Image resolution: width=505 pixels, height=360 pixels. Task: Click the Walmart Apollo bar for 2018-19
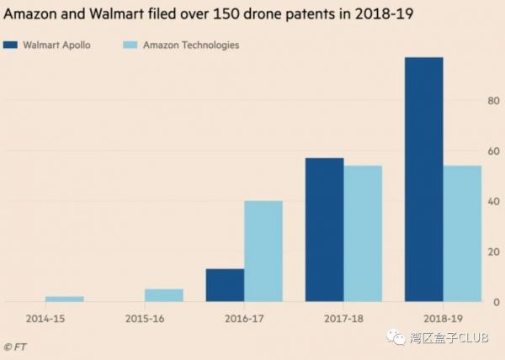(423, 179)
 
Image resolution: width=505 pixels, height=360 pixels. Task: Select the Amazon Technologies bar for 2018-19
(462, 233)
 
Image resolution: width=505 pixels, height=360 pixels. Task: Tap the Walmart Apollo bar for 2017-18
(324, 229)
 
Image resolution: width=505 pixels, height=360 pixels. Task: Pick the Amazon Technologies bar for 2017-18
(363, 233)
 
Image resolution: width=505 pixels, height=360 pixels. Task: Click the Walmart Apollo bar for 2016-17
(225, 285)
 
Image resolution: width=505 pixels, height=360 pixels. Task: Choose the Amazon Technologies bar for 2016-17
(263, 251)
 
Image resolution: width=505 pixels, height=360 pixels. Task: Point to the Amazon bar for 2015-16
(164, 295)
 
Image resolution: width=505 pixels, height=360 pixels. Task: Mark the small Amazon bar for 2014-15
(65, 299)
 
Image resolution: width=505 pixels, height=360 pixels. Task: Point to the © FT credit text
(15, 346)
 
